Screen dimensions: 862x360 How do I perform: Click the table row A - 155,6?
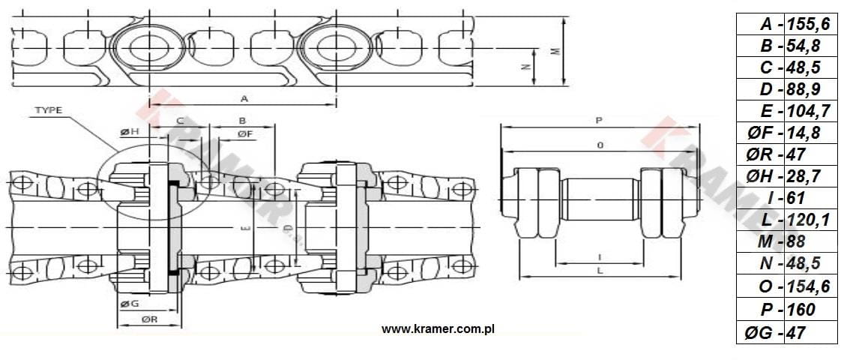tap(787, 24)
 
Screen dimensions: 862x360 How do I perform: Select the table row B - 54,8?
tap(787, 46)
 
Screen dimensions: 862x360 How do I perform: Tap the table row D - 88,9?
tap(787, 89)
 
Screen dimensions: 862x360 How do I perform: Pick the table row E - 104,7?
tap(787, 111)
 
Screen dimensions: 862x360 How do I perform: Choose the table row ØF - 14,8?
tap(787, 133)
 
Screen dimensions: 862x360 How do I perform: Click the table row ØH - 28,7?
tap(787, 176)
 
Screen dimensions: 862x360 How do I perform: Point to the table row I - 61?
tap(787, 198)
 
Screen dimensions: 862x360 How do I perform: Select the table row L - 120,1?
tap(787, 220)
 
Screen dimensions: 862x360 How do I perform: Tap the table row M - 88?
tap(787, 241)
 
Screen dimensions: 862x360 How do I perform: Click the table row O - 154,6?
tap(787, 286)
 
